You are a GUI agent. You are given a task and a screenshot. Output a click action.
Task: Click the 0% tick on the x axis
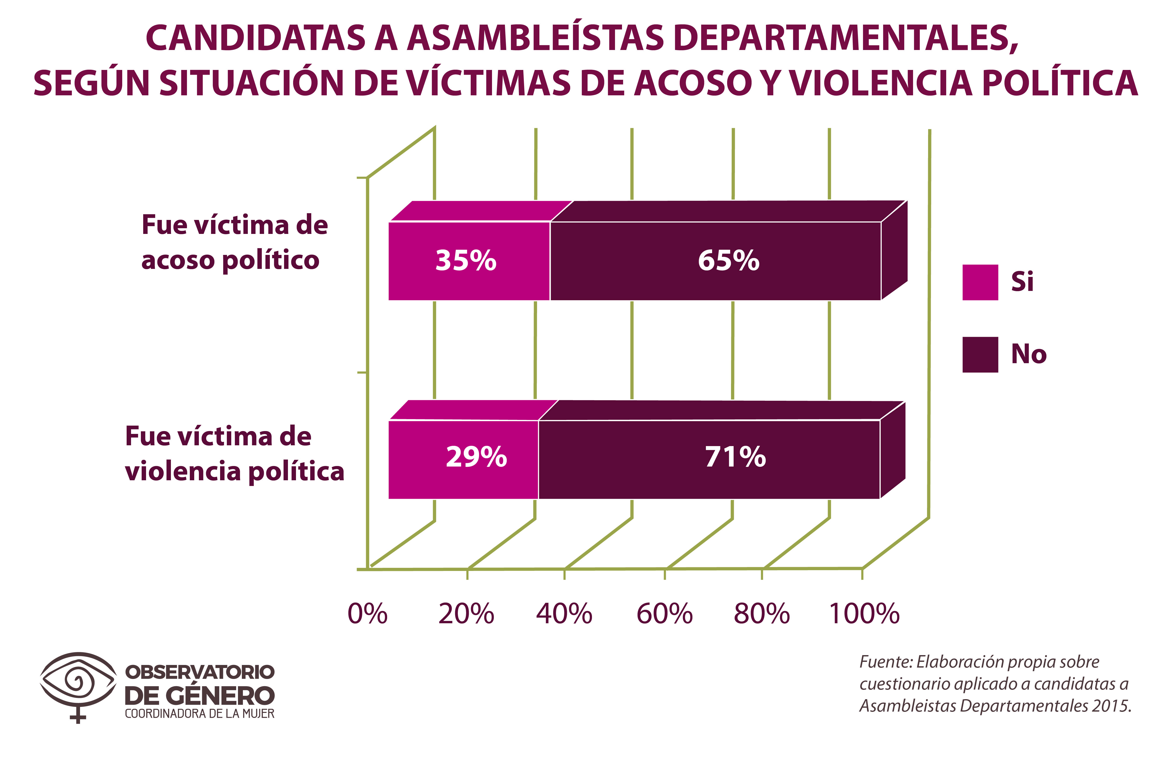point(367,614)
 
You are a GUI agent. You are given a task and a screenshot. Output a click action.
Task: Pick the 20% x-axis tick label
point(466,614)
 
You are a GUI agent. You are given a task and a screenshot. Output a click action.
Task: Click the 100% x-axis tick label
point(864,614)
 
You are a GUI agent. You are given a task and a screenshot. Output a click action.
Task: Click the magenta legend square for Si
point(980,282)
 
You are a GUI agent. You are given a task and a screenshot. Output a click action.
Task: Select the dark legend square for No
point(980,355)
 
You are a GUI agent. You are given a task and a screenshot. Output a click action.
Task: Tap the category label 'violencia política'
point(234,471)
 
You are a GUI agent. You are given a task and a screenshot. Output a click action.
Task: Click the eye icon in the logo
point(78,682)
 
